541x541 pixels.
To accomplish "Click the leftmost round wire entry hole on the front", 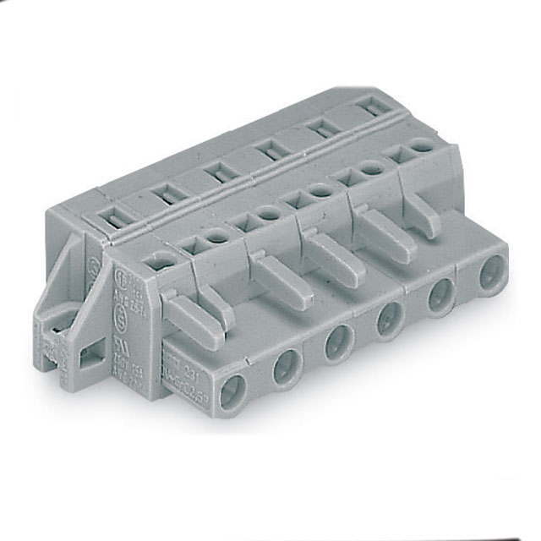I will [x=232, y=390].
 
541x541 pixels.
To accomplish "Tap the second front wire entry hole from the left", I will [x=287, y=368].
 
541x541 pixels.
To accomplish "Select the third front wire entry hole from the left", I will [x=338, y=342].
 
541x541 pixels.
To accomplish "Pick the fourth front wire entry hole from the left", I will [x=389, y=320].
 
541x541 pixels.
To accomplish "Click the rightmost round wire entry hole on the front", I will [x=488, y=276].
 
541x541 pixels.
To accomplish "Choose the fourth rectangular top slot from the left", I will [x=270, y=151].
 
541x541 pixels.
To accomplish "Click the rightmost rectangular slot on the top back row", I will [x=370, y=107].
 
